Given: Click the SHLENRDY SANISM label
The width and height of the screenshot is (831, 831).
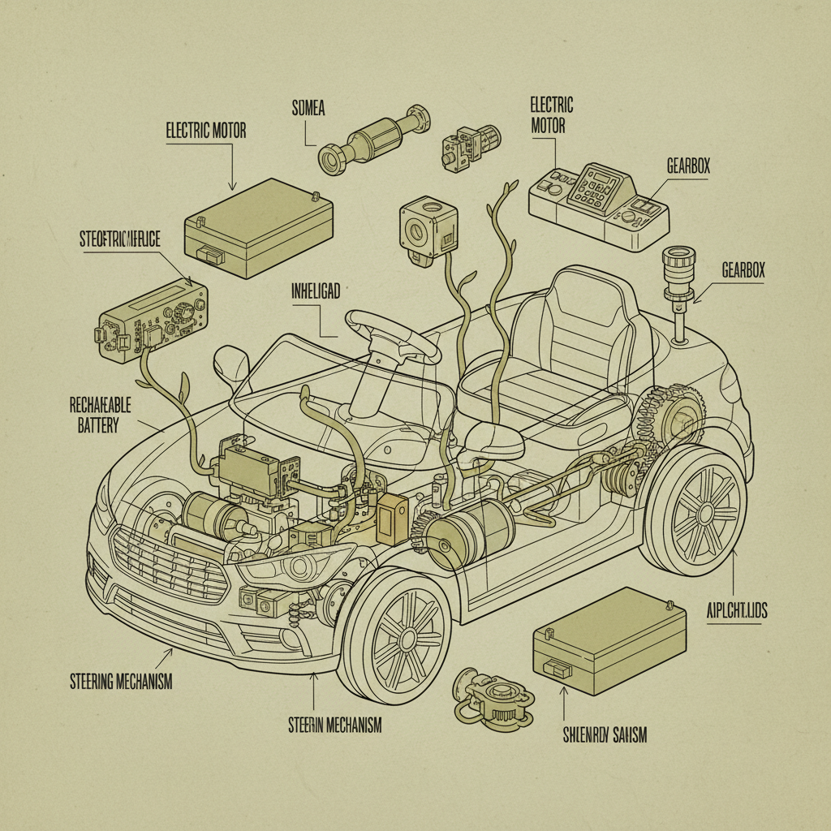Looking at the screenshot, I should tap(604, 735).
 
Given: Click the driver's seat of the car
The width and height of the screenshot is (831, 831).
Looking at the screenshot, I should tap(560, 349).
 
